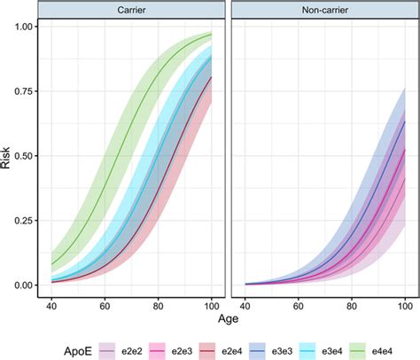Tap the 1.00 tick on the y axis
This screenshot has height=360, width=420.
pyautogui.click(x=25, y=27)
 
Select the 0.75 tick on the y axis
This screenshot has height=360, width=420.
pyautogui.click(x=25, y=91)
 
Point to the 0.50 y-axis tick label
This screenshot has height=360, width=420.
pyautogui.click(x=25, y=156)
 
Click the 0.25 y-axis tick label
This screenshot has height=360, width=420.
pyautogui.click(x=25, y=221)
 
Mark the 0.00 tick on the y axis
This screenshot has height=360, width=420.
pyautogui.click(x=25, y=286)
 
